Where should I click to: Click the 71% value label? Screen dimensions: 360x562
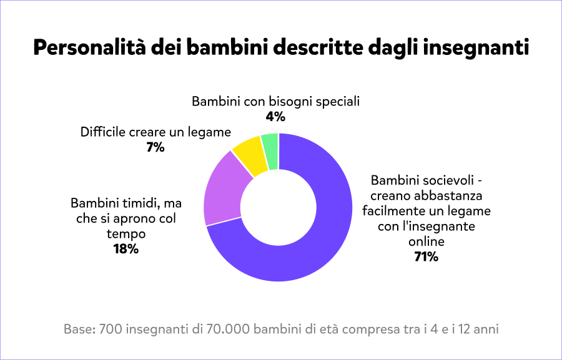click(426, 256)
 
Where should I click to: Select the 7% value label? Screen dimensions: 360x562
click(155, 147)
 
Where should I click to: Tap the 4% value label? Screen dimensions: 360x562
click(275, 116)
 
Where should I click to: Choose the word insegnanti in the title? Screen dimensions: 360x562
click(476, 48)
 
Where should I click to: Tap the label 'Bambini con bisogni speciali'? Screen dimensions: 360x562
click(275, 101)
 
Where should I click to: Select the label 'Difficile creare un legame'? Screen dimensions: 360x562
click(155, 132)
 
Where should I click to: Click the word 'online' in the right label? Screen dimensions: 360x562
click(426, 241)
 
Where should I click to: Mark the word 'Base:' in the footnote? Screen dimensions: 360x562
click(79, 328)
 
